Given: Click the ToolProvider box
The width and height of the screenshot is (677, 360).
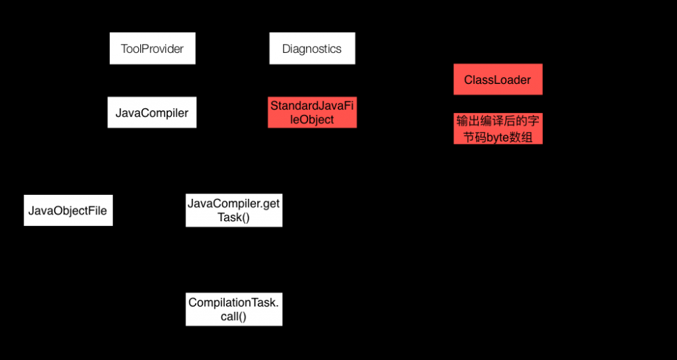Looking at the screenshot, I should (152, 49).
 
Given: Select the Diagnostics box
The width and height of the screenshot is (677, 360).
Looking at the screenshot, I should (312, 49).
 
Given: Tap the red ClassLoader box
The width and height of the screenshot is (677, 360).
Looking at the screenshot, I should (498, 80).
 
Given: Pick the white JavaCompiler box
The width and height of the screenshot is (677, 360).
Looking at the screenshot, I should (152, 112).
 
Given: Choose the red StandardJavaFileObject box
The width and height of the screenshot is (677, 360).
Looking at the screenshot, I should (312, 112).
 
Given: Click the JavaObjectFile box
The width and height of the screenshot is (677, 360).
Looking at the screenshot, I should (68, 210).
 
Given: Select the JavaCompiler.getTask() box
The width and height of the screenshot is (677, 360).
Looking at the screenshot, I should (234, 210).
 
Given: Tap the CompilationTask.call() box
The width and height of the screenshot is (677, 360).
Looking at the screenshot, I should (234, 309).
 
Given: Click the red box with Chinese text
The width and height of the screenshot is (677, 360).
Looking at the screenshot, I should (498, 129).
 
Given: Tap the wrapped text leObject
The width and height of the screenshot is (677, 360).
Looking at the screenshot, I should (312, 120).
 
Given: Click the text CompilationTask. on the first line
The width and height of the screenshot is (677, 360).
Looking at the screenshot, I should (234, 302).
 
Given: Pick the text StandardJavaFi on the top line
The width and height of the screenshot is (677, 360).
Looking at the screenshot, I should (312, 106).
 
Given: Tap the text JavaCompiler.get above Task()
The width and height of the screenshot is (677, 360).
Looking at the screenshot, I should (234, 203).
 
